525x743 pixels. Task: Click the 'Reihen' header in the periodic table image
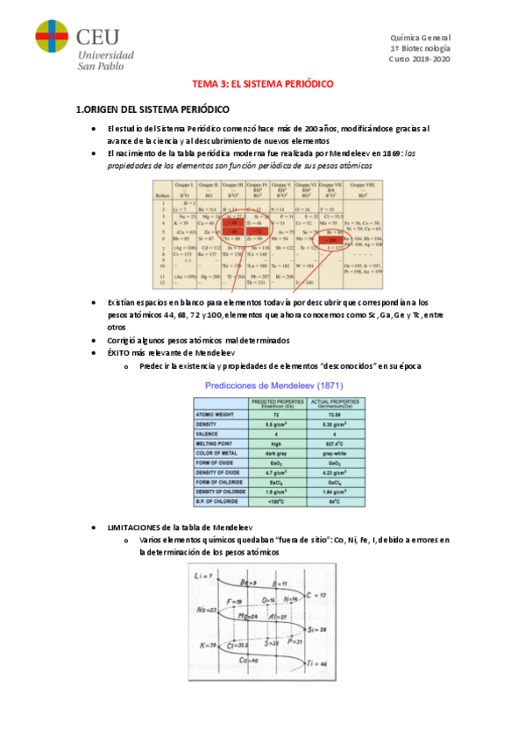[163, 194]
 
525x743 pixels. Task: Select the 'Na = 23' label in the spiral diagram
[207, 608]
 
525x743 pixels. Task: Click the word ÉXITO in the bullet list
[119, 352]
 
